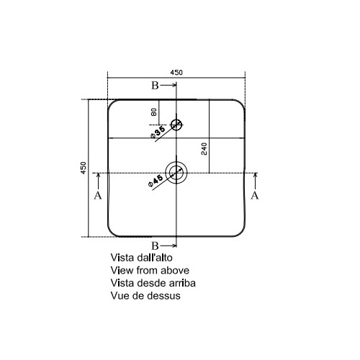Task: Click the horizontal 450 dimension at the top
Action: [176, 72]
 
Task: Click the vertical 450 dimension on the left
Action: [83, 168]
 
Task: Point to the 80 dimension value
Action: [154, 112]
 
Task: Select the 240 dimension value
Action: [204, 149]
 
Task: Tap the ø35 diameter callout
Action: [158, 132]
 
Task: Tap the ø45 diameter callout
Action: [156, 181]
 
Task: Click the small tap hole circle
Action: [176, 120]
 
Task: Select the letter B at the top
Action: [155, 86]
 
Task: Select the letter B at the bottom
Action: [155, 246]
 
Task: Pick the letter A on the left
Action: [98, 195]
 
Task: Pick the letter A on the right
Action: [255, 195]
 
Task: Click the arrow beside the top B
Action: [168, 85]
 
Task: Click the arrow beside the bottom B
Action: [168, 246]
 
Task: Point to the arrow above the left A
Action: [98, 181]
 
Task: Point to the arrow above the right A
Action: [256, 181]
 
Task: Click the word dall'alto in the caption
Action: [155, 258]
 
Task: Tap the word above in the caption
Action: [175, 271]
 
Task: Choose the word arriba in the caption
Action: [182, 283]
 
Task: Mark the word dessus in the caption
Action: [163, 296]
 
